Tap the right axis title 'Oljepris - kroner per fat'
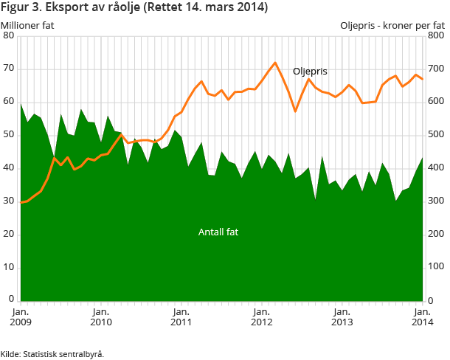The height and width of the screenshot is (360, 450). [392, 25]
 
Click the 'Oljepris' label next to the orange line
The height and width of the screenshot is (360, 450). [310, 72]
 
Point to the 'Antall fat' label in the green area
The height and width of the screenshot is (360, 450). [218, 232]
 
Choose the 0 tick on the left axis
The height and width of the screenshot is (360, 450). [11, 300]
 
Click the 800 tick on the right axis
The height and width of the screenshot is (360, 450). [436, 35]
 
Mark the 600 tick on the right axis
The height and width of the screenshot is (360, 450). [436, 102]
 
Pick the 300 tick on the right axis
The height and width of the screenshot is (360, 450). [436, 201]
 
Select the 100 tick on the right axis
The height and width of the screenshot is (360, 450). [436, 267]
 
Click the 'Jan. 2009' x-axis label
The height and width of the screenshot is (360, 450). [21, 317]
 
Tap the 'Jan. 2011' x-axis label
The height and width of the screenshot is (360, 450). [181, 317]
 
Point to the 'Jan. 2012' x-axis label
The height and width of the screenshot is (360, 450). [261, 317]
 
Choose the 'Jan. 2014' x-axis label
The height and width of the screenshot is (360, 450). [421, 317]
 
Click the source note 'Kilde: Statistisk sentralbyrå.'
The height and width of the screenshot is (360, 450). [52, 353]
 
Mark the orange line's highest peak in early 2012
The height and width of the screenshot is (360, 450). [275, 63]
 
